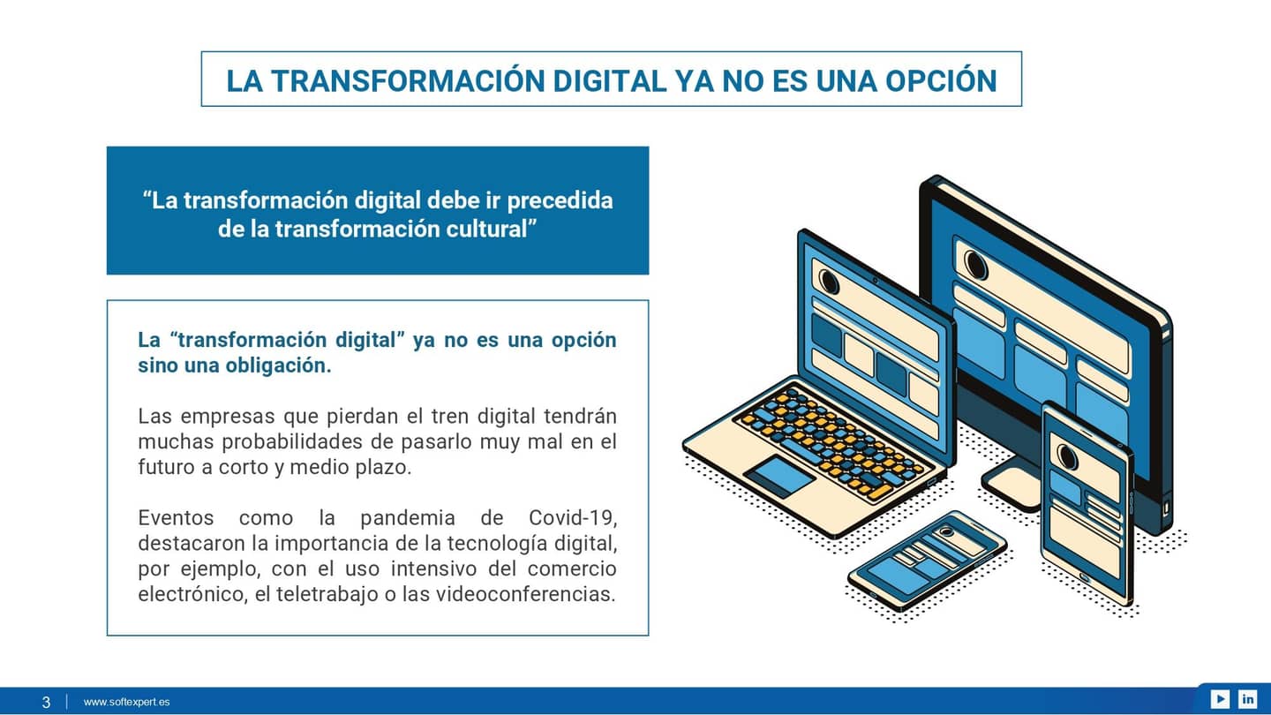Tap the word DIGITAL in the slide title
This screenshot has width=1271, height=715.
click(609, 80)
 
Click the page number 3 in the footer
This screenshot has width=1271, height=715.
click(46, 703)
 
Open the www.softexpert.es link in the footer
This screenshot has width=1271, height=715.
click(126, 703)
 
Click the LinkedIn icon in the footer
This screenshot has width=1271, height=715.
click(1247, 699)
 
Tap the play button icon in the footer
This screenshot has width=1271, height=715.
click(1220, 699)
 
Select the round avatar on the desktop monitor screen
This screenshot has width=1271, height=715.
click(975, 264)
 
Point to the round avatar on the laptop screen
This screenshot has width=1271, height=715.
click(829, 282)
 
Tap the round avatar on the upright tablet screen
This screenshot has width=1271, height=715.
click(1067, 457)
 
